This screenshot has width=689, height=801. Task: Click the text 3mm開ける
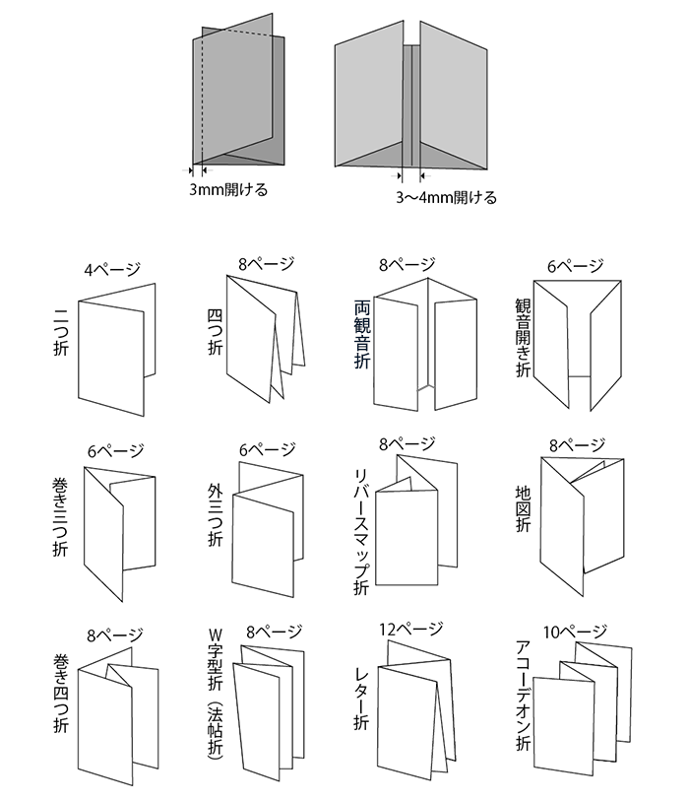point(228,189)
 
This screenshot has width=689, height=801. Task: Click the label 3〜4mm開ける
point(446,197)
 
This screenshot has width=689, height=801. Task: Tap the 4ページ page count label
point(113,268)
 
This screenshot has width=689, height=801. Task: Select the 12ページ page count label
point(410,628)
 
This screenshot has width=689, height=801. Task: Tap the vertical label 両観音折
point(362,335)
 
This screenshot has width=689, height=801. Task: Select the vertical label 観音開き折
point(523,338)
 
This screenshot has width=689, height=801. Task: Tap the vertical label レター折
point(361,698)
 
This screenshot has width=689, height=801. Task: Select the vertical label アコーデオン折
point(523,696)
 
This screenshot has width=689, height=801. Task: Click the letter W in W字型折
point(215,633)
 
